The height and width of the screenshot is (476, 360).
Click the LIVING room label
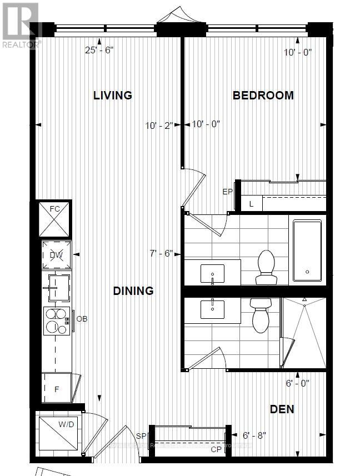tap(112, 95)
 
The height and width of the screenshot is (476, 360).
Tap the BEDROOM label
tap(263, 95)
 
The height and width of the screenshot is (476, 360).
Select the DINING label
tap(133, 290)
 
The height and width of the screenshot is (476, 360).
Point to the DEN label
tap(282, 409)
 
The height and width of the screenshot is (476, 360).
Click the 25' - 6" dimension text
tap(99, 50)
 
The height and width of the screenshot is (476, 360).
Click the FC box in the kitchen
tap(55, 218)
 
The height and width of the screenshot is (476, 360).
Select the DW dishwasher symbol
tap(56, 255)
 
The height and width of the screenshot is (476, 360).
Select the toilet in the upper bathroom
tap(266, 267)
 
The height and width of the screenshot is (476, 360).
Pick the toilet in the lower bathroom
tap(260, 314)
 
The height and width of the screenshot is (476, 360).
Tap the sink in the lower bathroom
tap(212, 308)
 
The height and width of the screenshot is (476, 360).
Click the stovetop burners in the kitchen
tap(56, 320)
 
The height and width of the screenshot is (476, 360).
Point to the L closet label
tap(251, 204)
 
